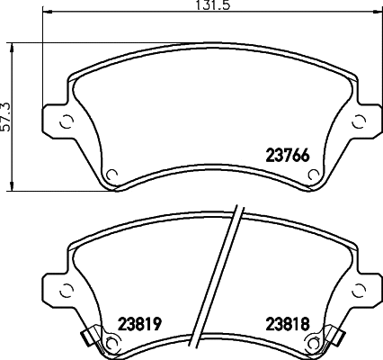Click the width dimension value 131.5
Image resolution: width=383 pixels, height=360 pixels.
212,4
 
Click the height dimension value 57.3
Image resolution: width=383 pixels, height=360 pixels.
5,117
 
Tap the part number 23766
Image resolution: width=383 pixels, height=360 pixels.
288,156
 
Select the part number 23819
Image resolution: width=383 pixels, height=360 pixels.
140,324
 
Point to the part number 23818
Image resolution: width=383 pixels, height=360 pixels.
288,324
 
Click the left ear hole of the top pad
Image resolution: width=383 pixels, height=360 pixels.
67,122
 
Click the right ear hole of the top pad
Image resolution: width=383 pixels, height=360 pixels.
359,122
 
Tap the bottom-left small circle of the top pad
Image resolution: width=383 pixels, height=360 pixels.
111,174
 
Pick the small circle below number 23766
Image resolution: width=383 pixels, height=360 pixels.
314,174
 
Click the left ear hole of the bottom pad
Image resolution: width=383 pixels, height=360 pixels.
67,290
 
